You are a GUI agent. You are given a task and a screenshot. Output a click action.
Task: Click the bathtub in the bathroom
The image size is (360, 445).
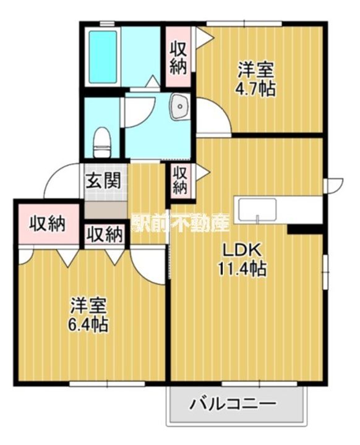coord(103,57)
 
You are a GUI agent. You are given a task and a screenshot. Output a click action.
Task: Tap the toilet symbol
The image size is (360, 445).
coord(101,143)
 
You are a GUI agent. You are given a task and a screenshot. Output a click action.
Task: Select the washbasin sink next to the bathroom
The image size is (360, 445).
coord(179,106)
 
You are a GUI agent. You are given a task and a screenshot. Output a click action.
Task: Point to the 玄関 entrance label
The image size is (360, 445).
coord(103,180)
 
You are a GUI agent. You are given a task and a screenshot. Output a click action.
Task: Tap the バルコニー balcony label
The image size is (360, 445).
coord(233,403)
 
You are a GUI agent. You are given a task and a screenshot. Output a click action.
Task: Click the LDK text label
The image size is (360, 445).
coord(241,250)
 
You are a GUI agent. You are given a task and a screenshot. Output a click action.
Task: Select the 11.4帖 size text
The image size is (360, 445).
coord(242,268)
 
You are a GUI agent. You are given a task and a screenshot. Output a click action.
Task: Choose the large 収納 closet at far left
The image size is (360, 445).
coord(48,224)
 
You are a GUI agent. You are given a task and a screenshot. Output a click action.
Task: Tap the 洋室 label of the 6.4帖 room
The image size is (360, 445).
coord(88,306)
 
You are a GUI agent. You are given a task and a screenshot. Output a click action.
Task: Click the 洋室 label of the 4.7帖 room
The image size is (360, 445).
coord(255,70)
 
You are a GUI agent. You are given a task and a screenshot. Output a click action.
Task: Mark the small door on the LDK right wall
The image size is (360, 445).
coord(333,185)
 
